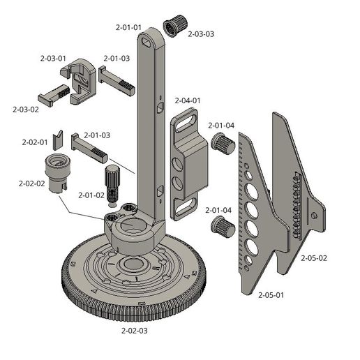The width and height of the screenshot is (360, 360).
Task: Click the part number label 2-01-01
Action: [x=128, y=27]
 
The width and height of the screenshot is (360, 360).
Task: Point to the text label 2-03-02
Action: [x=26, y=109]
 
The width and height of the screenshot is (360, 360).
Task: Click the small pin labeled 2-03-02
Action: [x=52, y=93]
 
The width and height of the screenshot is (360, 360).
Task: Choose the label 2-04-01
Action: [x=187, y=100]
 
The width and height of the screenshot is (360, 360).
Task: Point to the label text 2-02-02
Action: [x=31, y=184]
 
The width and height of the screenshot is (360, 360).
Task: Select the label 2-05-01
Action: [x=271, y=295]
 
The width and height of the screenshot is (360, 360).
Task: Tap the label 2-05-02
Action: [x=313, y=257]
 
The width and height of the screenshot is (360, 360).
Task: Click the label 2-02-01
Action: [x=34, y=142]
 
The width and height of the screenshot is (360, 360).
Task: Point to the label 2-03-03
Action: [x=200, y=33]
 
